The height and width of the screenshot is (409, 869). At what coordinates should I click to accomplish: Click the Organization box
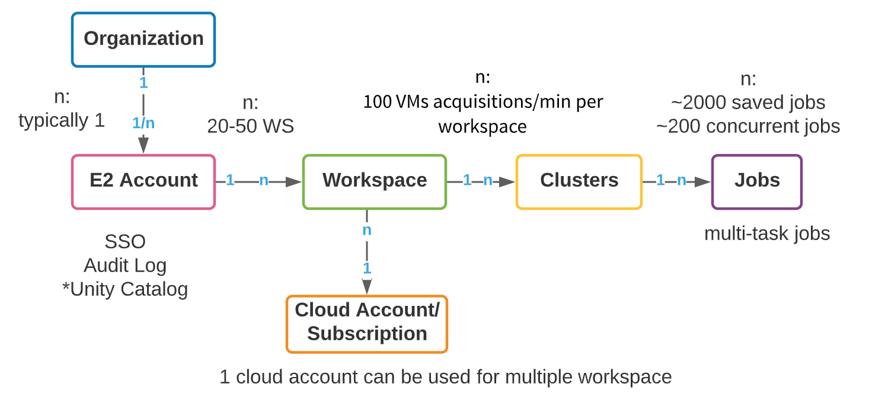click(x=143, y=39)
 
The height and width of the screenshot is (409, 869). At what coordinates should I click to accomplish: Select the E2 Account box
click(x=143, y=181)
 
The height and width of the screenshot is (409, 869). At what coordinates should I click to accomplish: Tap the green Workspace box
click(x=375, y=181)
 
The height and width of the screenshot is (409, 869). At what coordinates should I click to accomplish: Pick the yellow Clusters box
click(x=579, y=181)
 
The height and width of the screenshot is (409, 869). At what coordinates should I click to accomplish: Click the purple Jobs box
click(x=757, y=181)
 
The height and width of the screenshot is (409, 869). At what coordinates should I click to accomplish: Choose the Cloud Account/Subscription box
click(x=367, y=324)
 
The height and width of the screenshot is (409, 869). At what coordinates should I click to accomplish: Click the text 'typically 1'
click(x=62, y=121)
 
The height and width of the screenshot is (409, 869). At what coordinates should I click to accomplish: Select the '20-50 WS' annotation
click(x=250, y=127)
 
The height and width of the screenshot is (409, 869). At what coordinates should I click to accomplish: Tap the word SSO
click(x=125, y=242)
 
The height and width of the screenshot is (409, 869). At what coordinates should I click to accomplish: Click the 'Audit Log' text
click(x=125, y=266)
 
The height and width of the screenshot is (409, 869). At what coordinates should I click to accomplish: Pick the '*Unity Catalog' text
click(x=125, y=289)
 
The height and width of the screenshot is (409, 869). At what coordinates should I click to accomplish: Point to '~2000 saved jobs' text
click(x=748, y=103)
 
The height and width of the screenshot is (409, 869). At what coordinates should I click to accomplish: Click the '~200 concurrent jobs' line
click(x=748, y=126)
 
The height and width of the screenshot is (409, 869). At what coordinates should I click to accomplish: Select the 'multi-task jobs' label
click(x=767, y=234)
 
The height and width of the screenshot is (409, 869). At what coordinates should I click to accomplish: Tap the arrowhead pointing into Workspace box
click(x=295, y=181)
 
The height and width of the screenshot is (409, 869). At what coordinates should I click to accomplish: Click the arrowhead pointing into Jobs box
click(x=704, y=181)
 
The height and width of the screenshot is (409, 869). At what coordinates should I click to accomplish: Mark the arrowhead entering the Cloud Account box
click(x=367, y=287)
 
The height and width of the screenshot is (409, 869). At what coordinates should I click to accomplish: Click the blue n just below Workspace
click(x=367, y=230)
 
